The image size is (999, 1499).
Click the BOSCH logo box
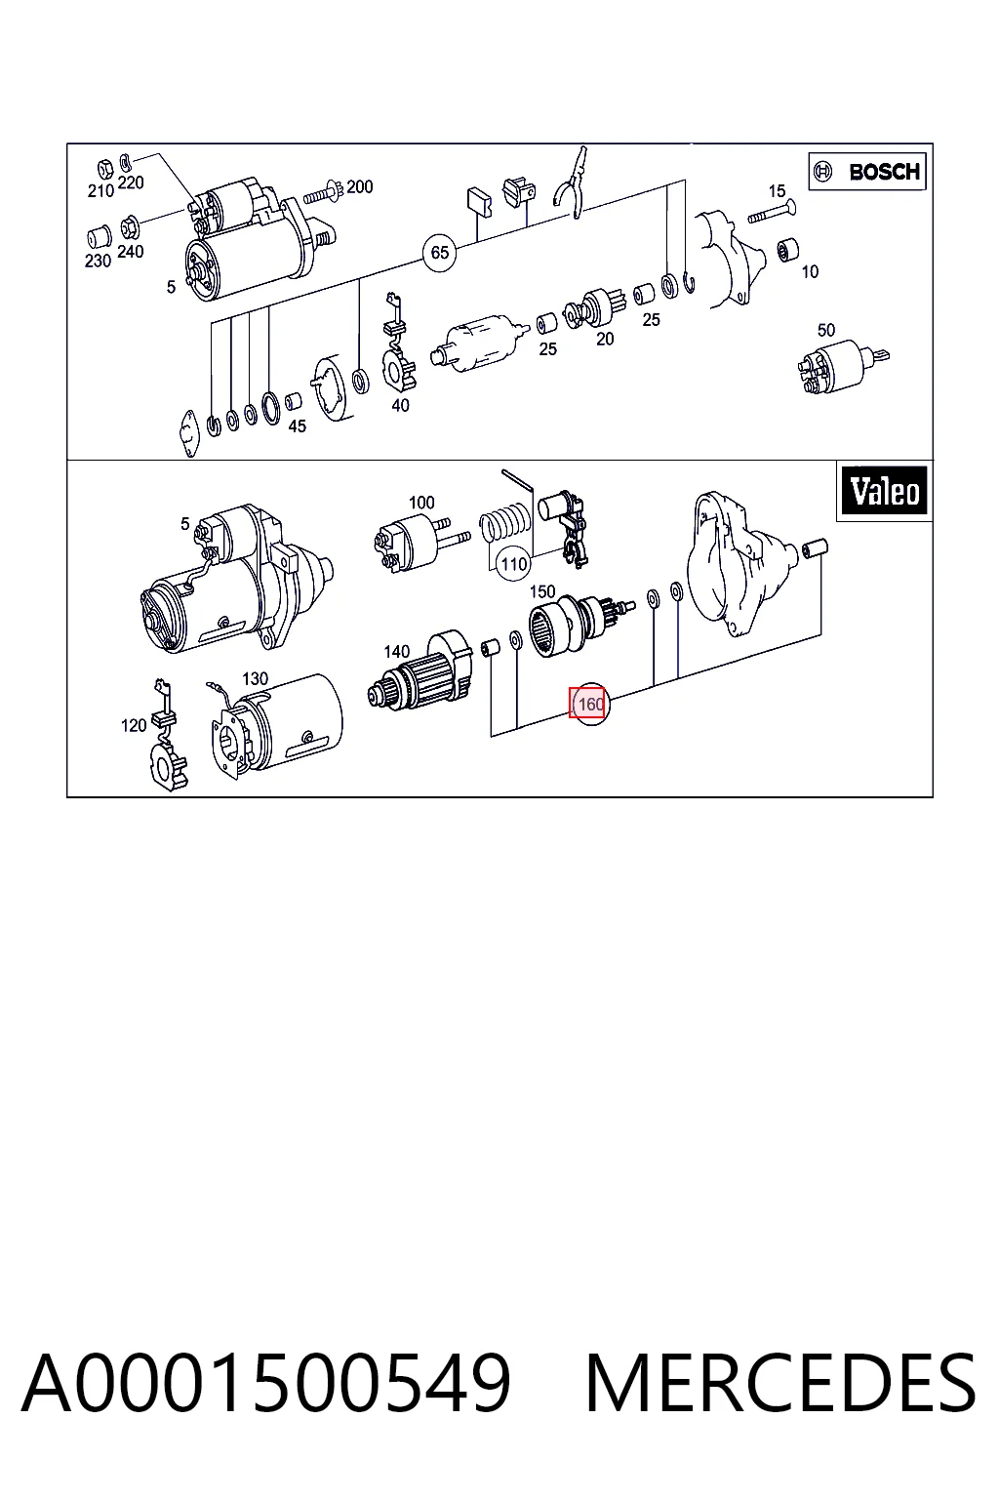click(x=866, y=172)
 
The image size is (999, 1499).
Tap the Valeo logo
click(x=885, y=491)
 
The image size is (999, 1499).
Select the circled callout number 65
click(x=440, y=253)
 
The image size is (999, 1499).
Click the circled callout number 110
click(x=514, y=563)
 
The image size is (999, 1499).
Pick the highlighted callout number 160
click(x=589, y=704)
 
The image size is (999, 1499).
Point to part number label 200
click(x=359, y=186)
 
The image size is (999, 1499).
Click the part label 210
click(x=100, y=191)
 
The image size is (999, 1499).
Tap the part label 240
click(x=131, y=252)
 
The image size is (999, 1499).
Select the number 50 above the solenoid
click(x=825, y=330)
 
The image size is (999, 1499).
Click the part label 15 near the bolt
click(x=777, y=191)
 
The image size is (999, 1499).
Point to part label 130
click(x=255, y=679)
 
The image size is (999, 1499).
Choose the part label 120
click(x=133, y=725)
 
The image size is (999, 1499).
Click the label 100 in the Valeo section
click(x=421, y=503)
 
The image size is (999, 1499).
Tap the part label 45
click(x=298, y=426)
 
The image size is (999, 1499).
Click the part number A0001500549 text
click(x=266, y=1382)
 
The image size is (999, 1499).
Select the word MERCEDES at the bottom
click(x=780, y=1383)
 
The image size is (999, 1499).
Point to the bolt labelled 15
click(x=771, y=212)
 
